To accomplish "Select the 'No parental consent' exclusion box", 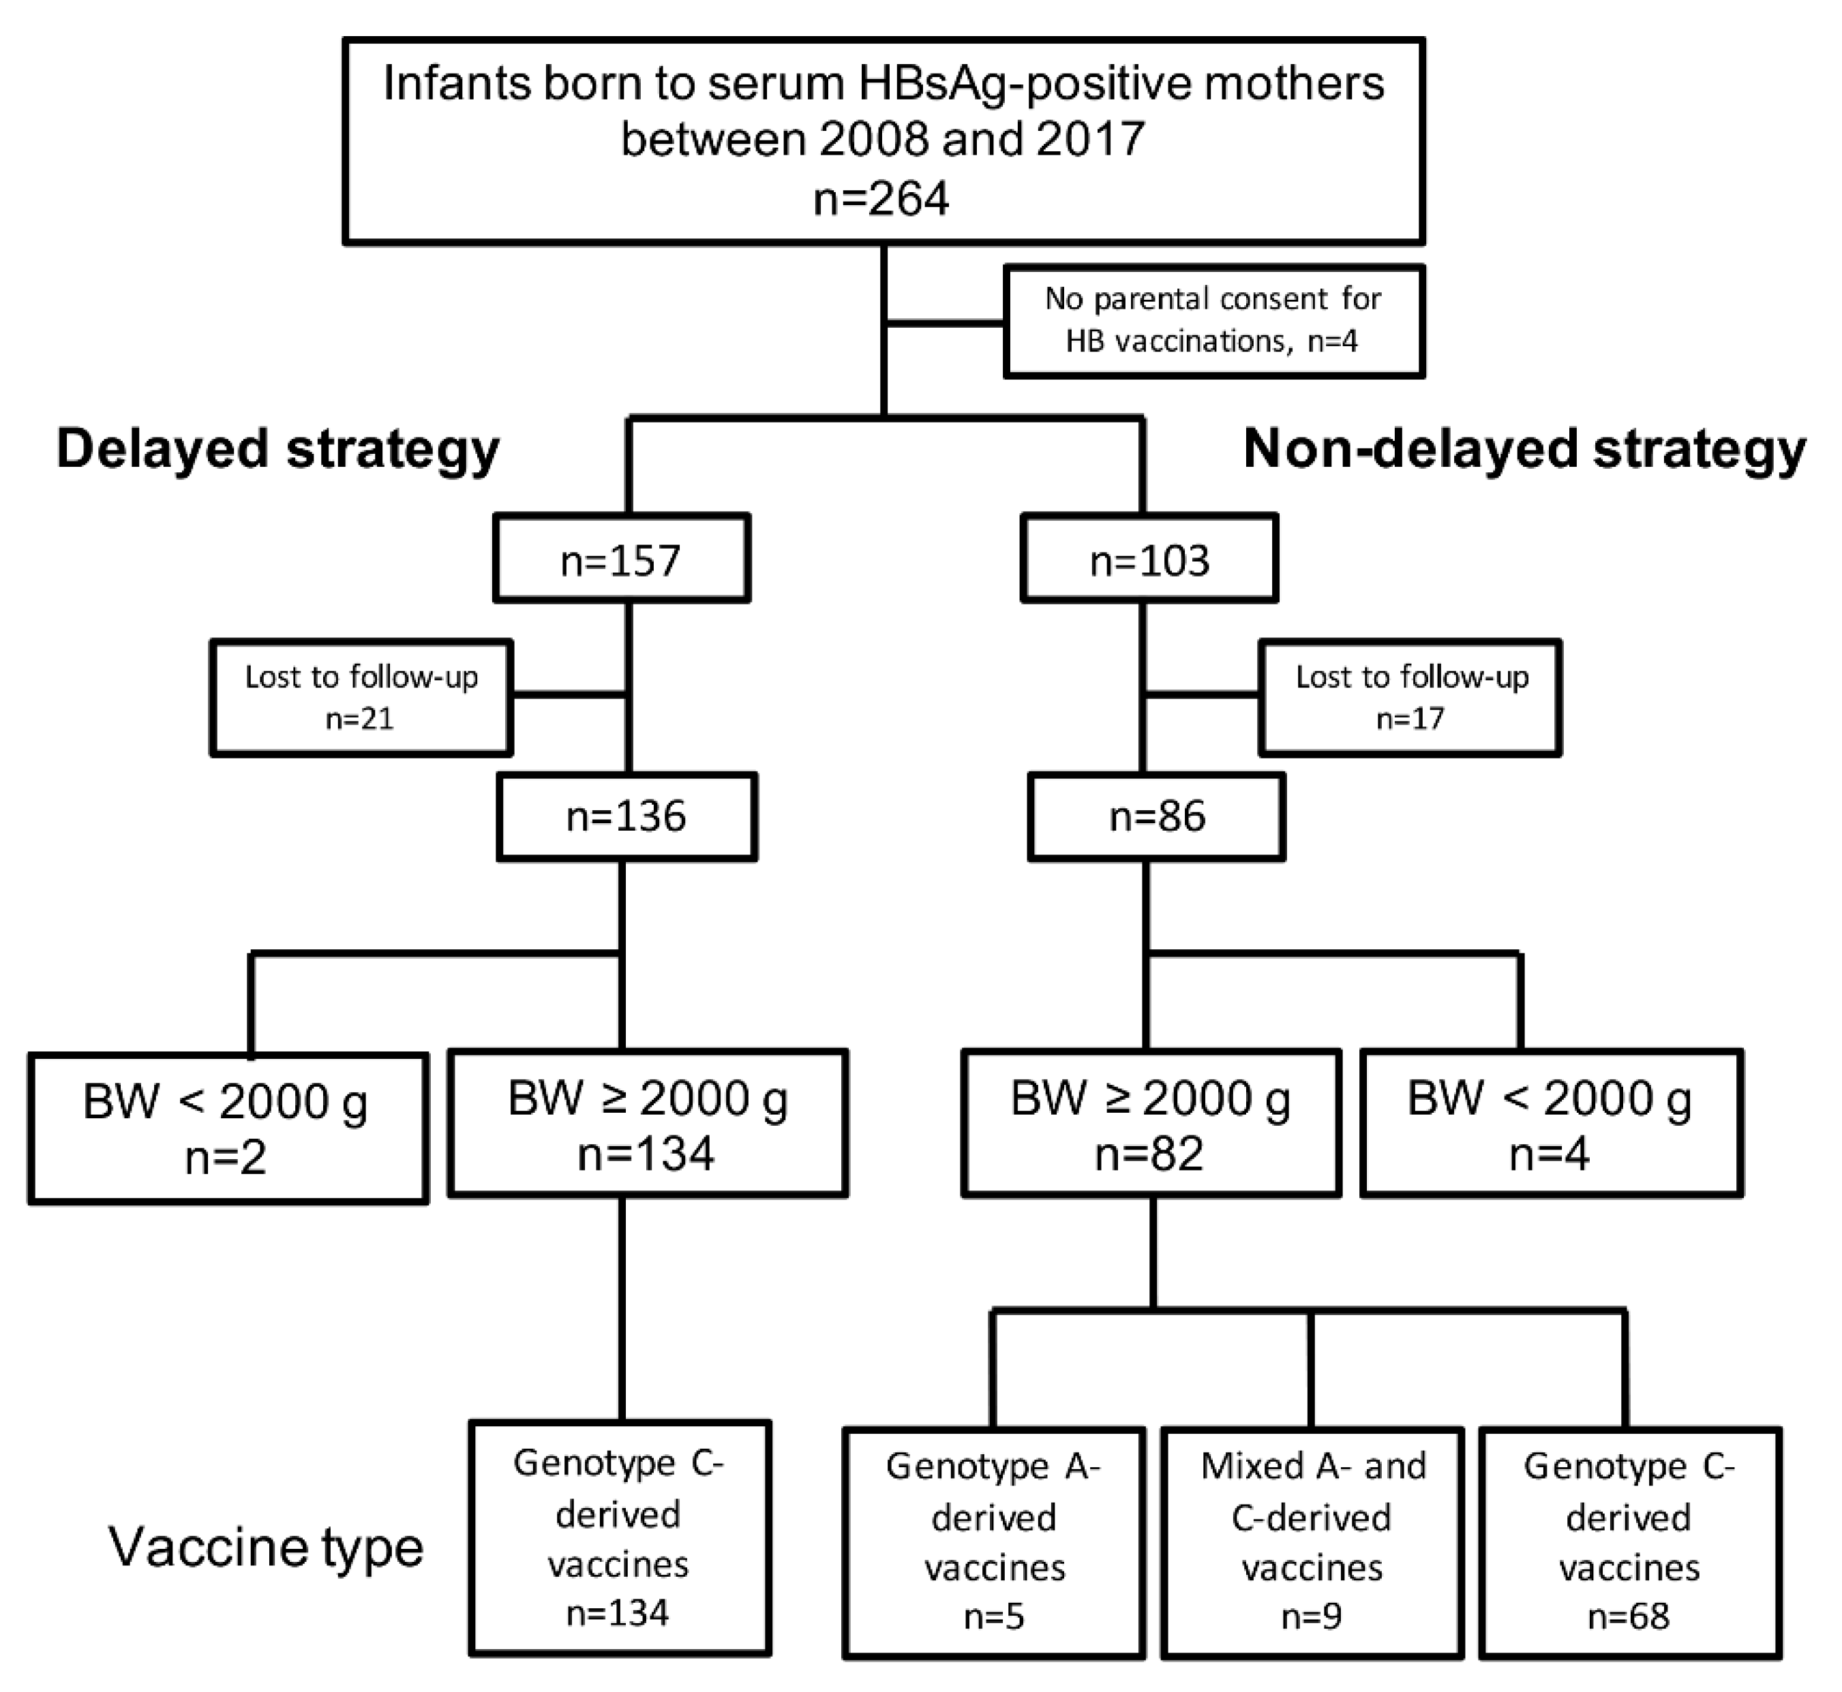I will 1213,320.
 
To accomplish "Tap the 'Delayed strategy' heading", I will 277,450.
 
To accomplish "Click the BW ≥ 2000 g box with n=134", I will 647,1124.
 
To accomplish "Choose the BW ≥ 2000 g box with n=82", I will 1151,1124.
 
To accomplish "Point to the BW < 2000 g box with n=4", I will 1551,1124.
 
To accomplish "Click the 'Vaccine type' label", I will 267,1546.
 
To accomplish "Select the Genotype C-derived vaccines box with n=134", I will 619,1538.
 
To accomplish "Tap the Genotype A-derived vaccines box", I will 994,1542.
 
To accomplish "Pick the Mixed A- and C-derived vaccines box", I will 1312,1542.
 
